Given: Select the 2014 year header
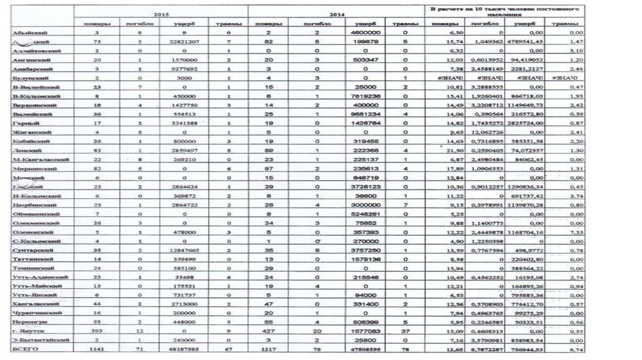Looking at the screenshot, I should pos(336,13).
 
